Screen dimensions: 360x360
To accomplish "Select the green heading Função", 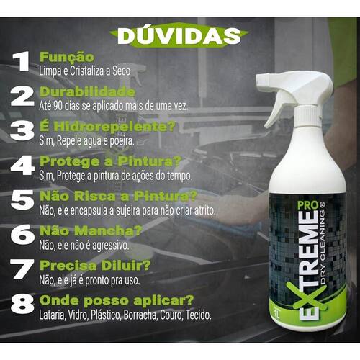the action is point(67,57).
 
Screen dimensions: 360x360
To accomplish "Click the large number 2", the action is point(22,96).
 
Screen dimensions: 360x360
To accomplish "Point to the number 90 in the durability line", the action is point(58,105).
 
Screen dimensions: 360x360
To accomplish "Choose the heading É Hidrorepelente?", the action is point(107,127).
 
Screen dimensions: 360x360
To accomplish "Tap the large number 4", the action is point(22,166).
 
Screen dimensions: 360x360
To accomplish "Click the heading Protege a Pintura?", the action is point(110,161).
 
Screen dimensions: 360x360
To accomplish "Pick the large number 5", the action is point(22,200).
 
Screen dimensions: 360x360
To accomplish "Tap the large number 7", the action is point(22,269).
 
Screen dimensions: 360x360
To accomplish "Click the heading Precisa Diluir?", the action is point(95,266).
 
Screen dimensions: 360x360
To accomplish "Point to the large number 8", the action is point(22,304).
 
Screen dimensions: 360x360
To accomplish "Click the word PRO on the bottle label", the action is point(308,205).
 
